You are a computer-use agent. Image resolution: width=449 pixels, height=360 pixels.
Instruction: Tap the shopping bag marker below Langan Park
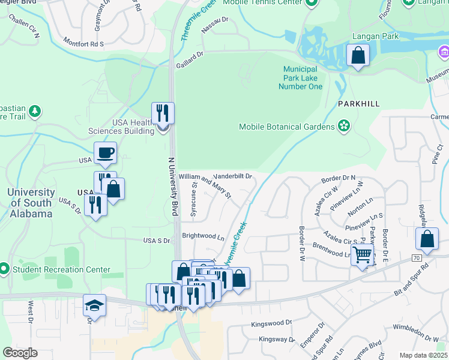coord(358,56)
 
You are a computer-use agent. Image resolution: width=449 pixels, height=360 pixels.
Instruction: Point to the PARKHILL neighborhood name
coord(358,104)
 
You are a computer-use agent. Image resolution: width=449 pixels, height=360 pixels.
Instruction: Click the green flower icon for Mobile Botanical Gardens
coord(344,126)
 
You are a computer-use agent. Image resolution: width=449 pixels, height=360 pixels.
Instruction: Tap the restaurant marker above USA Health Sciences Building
coord(163,113)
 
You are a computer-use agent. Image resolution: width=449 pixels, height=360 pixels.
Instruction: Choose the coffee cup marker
coord(105,153)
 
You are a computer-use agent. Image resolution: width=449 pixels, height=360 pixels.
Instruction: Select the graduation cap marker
coord(95,305)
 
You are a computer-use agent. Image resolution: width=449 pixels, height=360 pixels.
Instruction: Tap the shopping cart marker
coord(363,255)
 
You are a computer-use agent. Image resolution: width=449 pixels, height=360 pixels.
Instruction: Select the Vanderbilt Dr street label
coord(232,176)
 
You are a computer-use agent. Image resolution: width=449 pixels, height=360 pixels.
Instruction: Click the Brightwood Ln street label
coord(203,237)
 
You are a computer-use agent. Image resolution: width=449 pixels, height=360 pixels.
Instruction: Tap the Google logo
coord(20,353)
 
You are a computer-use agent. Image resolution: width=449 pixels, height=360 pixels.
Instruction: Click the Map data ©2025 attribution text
coord(423,355)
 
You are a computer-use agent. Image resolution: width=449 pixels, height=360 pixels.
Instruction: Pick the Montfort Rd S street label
coord(84,44)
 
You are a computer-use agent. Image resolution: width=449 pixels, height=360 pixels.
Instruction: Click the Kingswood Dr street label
coord(271,322)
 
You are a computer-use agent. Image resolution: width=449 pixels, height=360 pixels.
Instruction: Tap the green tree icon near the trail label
coord(35,111)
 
